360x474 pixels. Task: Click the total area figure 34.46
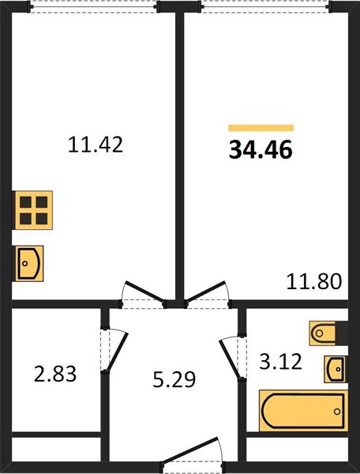click(x=261, y=150)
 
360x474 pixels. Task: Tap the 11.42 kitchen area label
click(x=96, y=145)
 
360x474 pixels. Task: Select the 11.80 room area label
click(x=313, y=281)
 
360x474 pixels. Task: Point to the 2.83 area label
click(x=55, y=374)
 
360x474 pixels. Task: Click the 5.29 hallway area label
click(x=174, y=379)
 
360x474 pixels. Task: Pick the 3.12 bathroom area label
click(x=280, y=362)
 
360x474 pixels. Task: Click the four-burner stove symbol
click(x=33, y=210)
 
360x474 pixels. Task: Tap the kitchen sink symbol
click(x=28, y=264)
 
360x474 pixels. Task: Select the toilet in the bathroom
click(x=323, y=333)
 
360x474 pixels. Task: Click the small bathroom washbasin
click(x=336, y=369)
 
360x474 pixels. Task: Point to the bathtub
click(x=303, y=411)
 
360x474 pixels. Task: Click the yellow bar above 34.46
click(x=261, y=128)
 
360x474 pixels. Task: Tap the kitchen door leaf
click(x=145, y=292)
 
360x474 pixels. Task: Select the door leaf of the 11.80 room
click(x=206, y=292)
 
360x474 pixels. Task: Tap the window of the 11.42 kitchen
click(x=94, y=6)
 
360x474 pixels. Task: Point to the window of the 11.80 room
click(x=264, y=6)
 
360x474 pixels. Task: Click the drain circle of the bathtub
click(x=337, y=412)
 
